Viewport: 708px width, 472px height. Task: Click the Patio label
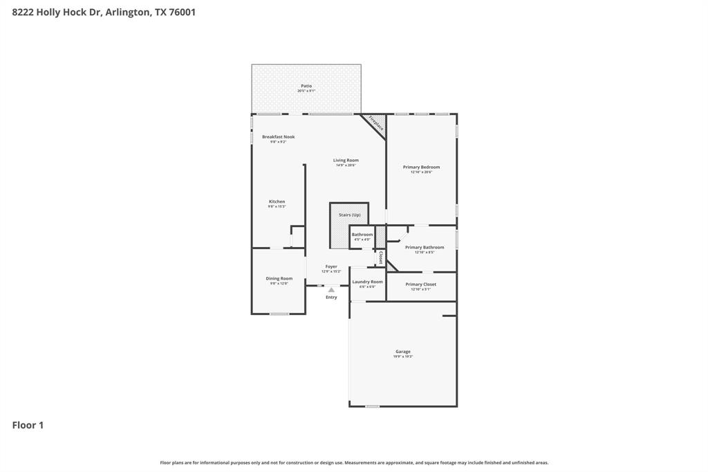306,86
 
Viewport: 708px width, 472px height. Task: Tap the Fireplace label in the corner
375,124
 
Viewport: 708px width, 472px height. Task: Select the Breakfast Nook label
278,137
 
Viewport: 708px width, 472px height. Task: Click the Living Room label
346,161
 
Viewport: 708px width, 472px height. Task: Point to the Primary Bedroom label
421,167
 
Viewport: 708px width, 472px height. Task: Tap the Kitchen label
277,202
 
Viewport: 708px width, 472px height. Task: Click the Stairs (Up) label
349,215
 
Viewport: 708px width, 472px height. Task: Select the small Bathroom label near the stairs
362,235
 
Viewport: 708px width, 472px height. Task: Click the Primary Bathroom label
424,248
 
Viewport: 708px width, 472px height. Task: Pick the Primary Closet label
420,284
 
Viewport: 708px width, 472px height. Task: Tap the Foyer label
331,266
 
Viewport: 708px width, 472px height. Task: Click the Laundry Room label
367,282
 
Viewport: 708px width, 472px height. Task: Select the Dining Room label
279,279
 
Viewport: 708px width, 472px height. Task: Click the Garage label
402,352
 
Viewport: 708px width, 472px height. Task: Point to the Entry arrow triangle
331,290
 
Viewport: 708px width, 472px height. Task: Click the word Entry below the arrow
331,298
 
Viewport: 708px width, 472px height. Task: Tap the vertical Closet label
380,257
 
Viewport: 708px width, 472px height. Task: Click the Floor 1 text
28,425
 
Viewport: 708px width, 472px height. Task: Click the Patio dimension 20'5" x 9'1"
306,91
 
